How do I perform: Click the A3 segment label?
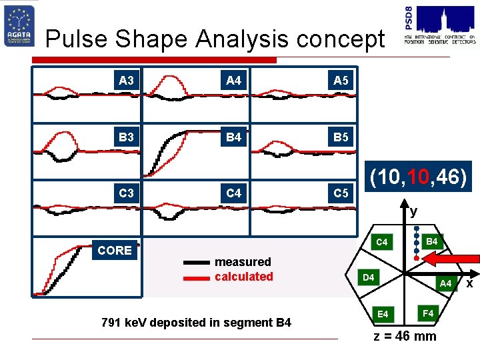126,81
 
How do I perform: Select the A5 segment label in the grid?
341,81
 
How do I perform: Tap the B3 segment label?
126,138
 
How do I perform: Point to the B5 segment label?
341,138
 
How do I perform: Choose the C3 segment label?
126,194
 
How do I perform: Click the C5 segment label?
341,194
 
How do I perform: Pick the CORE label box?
115,251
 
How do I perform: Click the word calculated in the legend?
244,277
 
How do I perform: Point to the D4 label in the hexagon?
368,277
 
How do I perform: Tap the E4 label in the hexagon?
383,313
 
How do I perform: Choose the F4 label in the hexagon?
429,312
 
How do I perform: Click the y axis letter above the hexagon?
414,212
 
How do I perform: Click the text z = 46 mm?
405,336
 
